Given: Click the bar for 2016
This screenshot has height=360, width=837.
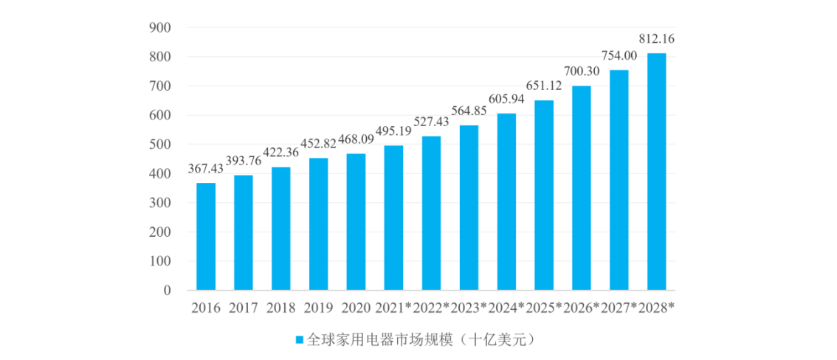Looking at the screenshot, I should (x=206, y=236).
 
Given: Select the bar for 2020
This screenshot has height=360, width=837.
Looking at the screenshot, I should (x=356, y=221).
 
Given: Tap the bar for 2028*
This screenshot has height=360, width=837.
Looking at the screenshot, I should (x=656, y=171).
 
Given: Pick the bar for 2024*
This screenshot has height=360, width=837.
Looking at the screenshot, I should (x=506, y=201).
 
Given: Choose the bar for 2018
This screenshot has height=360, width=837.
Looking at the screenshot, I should (x=281, y=228).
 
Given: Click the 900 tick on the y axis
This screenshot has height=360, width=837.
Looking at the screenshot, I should (x=160, y=28).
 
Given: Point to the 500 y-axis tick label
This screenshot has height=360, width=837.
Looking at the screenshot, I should (x=160, y=145).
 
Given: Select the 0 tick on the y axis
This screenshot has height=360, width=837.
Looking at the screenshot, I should (x=166, y=291).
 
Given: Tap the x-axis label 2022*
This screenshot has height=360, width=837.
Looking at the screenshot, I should (x=431, y=308).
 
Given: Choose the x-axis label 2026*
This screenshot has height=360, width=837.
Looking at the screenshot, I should (x=582, y=308).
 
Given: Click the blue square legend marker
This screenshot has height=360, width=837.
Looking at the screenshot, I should (x=300, y=340).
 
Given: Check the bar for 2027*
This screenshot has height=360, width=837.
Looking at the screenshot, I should (x=619, y=180).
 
